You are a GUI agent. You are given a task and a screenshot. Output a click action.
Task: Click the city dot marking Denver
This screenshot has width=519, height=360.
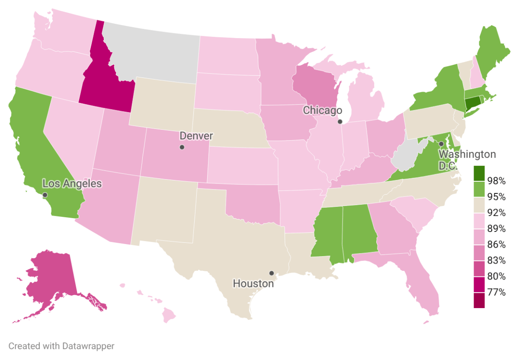point(182,148)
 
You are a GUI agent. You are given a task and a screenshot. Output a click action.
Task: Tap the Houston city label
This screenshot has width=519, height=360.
point(253,284)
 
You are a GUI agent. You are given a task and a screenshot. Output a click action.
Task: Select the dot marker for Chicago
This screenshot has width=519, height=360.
point(340,122)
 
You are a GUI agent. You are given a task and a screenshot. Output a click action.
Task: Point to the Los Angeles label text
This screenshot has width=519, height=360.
point(72,183)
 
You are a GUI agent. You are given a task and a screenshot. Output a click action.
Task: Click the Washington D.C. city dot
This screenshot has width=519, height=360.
point(441,144)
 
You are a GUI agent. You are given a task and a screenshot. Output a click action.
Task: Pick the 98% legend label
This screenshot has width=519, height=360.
point(496,181)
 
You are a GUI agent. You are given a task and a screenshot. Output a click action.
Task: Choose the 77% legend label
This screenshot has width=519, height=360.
point(496,292)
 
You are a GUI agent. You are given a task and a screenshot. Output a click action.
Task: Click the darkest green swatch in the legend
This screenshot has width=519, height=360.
point(479,173)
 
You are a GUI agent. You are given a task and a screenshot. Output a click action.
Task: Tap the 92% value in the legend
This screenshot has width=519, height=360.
point(496,212)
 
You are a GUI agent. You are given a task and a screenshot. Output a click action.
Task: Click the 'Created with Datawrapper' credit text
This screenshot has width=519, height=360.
point(61,346)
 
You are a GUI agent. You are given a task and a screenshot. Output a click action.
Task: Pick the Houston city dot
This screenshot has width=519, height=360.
point(271,273)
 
